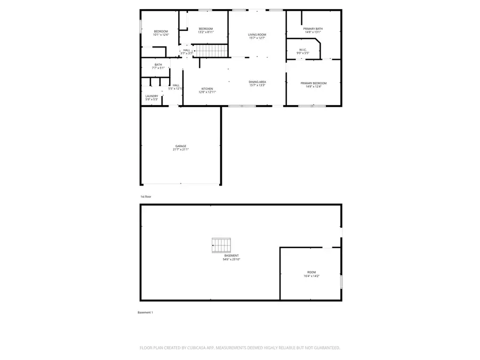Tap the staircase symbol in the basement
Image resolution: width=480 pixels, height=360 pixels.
[222, 245]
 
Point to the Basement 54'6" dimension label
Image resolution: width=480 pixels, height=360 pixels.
[231, 258]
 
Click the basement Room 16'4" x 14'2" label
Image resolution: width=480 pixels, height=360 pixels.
[311, 274]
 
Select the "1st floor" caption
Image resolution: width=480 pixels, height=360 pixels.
[146, 196]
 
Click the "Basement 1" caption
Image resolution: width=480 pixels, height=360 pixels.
[145, 312]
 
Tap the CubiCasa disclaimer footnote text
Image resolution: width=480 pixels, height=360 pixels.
[239, 348]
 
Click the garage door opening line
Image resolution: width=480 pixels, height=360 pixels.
[181, 184]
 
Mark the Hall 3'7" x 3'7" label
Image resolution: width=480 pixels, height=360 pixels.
[187, 52]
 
